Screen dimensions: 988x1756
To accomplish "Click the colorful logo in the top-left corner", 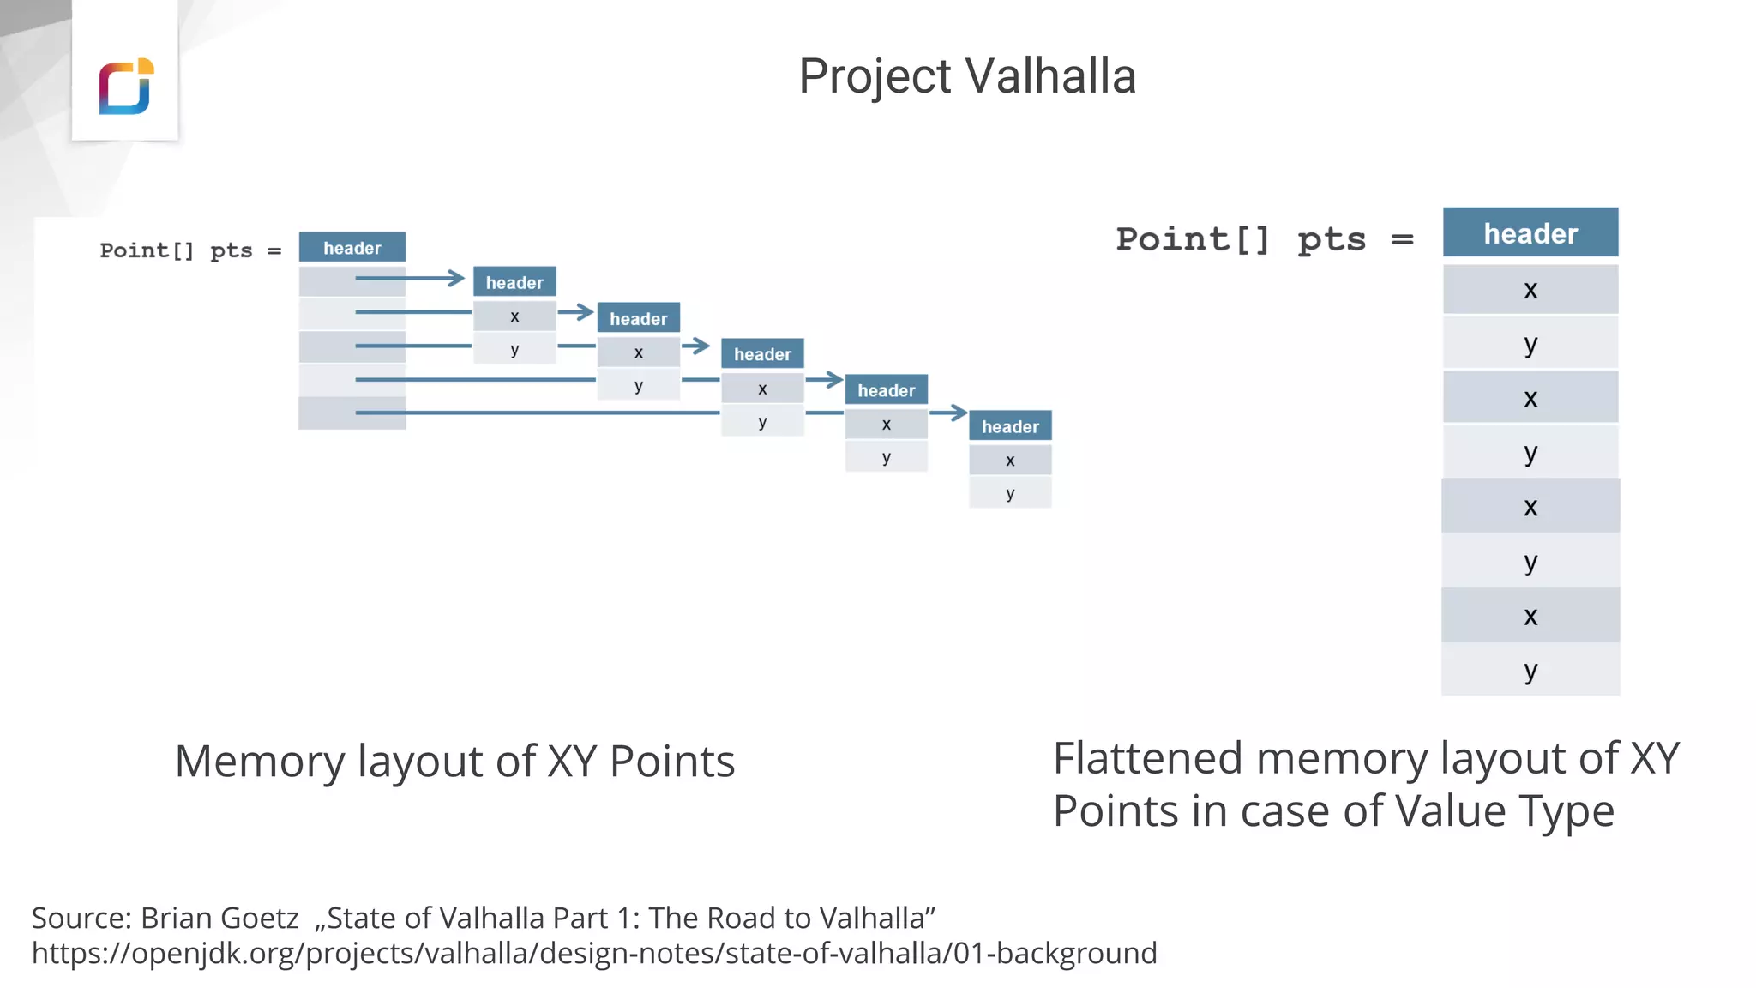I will click(x=126, y=86).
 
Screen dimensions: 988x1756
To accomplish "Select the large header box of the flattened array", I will click(x=1530, y=232).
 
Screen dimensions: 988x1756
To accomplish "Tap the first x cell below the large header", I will click(x=1530, y=290).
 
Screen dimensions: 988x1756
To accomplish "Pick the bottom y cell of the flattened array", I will click(x=1530, y=670).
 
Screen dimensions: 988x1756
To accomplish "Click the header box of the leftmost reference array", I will click(x=352, y=248).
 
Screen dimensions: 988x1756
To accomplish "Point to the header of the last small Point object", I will click(x=1010, y=426).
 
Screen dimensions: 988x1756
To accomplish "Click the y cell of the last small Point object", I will click(x=1010, y=493).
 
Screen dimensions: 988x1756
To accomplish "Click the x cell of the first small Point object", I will click(x=514, y=316).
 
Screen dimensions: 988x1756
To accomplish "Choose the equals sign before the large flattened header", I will click(x=1403, y=239).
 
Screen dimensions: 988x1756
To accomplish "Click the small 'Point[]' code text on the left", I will click(x=147, y=250).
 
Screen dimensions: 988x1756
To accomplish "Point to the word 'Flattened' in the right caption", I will click(x=1147, y=759).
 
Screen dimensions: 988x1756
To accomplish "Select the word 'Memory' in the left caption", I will click(x=259, y=762).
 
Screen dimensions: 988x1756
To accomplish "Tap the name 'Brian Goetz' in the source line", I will click(x=219, y=918).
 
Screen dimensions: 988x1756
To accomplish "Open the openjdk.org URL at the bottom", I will click(x=594, y=953).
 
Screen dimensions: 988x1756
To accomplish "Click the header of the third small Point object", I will click(x=762, y=354).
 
